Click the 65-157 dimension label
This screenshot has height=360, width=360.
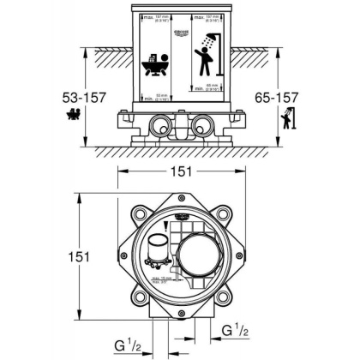coord(284,95)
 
